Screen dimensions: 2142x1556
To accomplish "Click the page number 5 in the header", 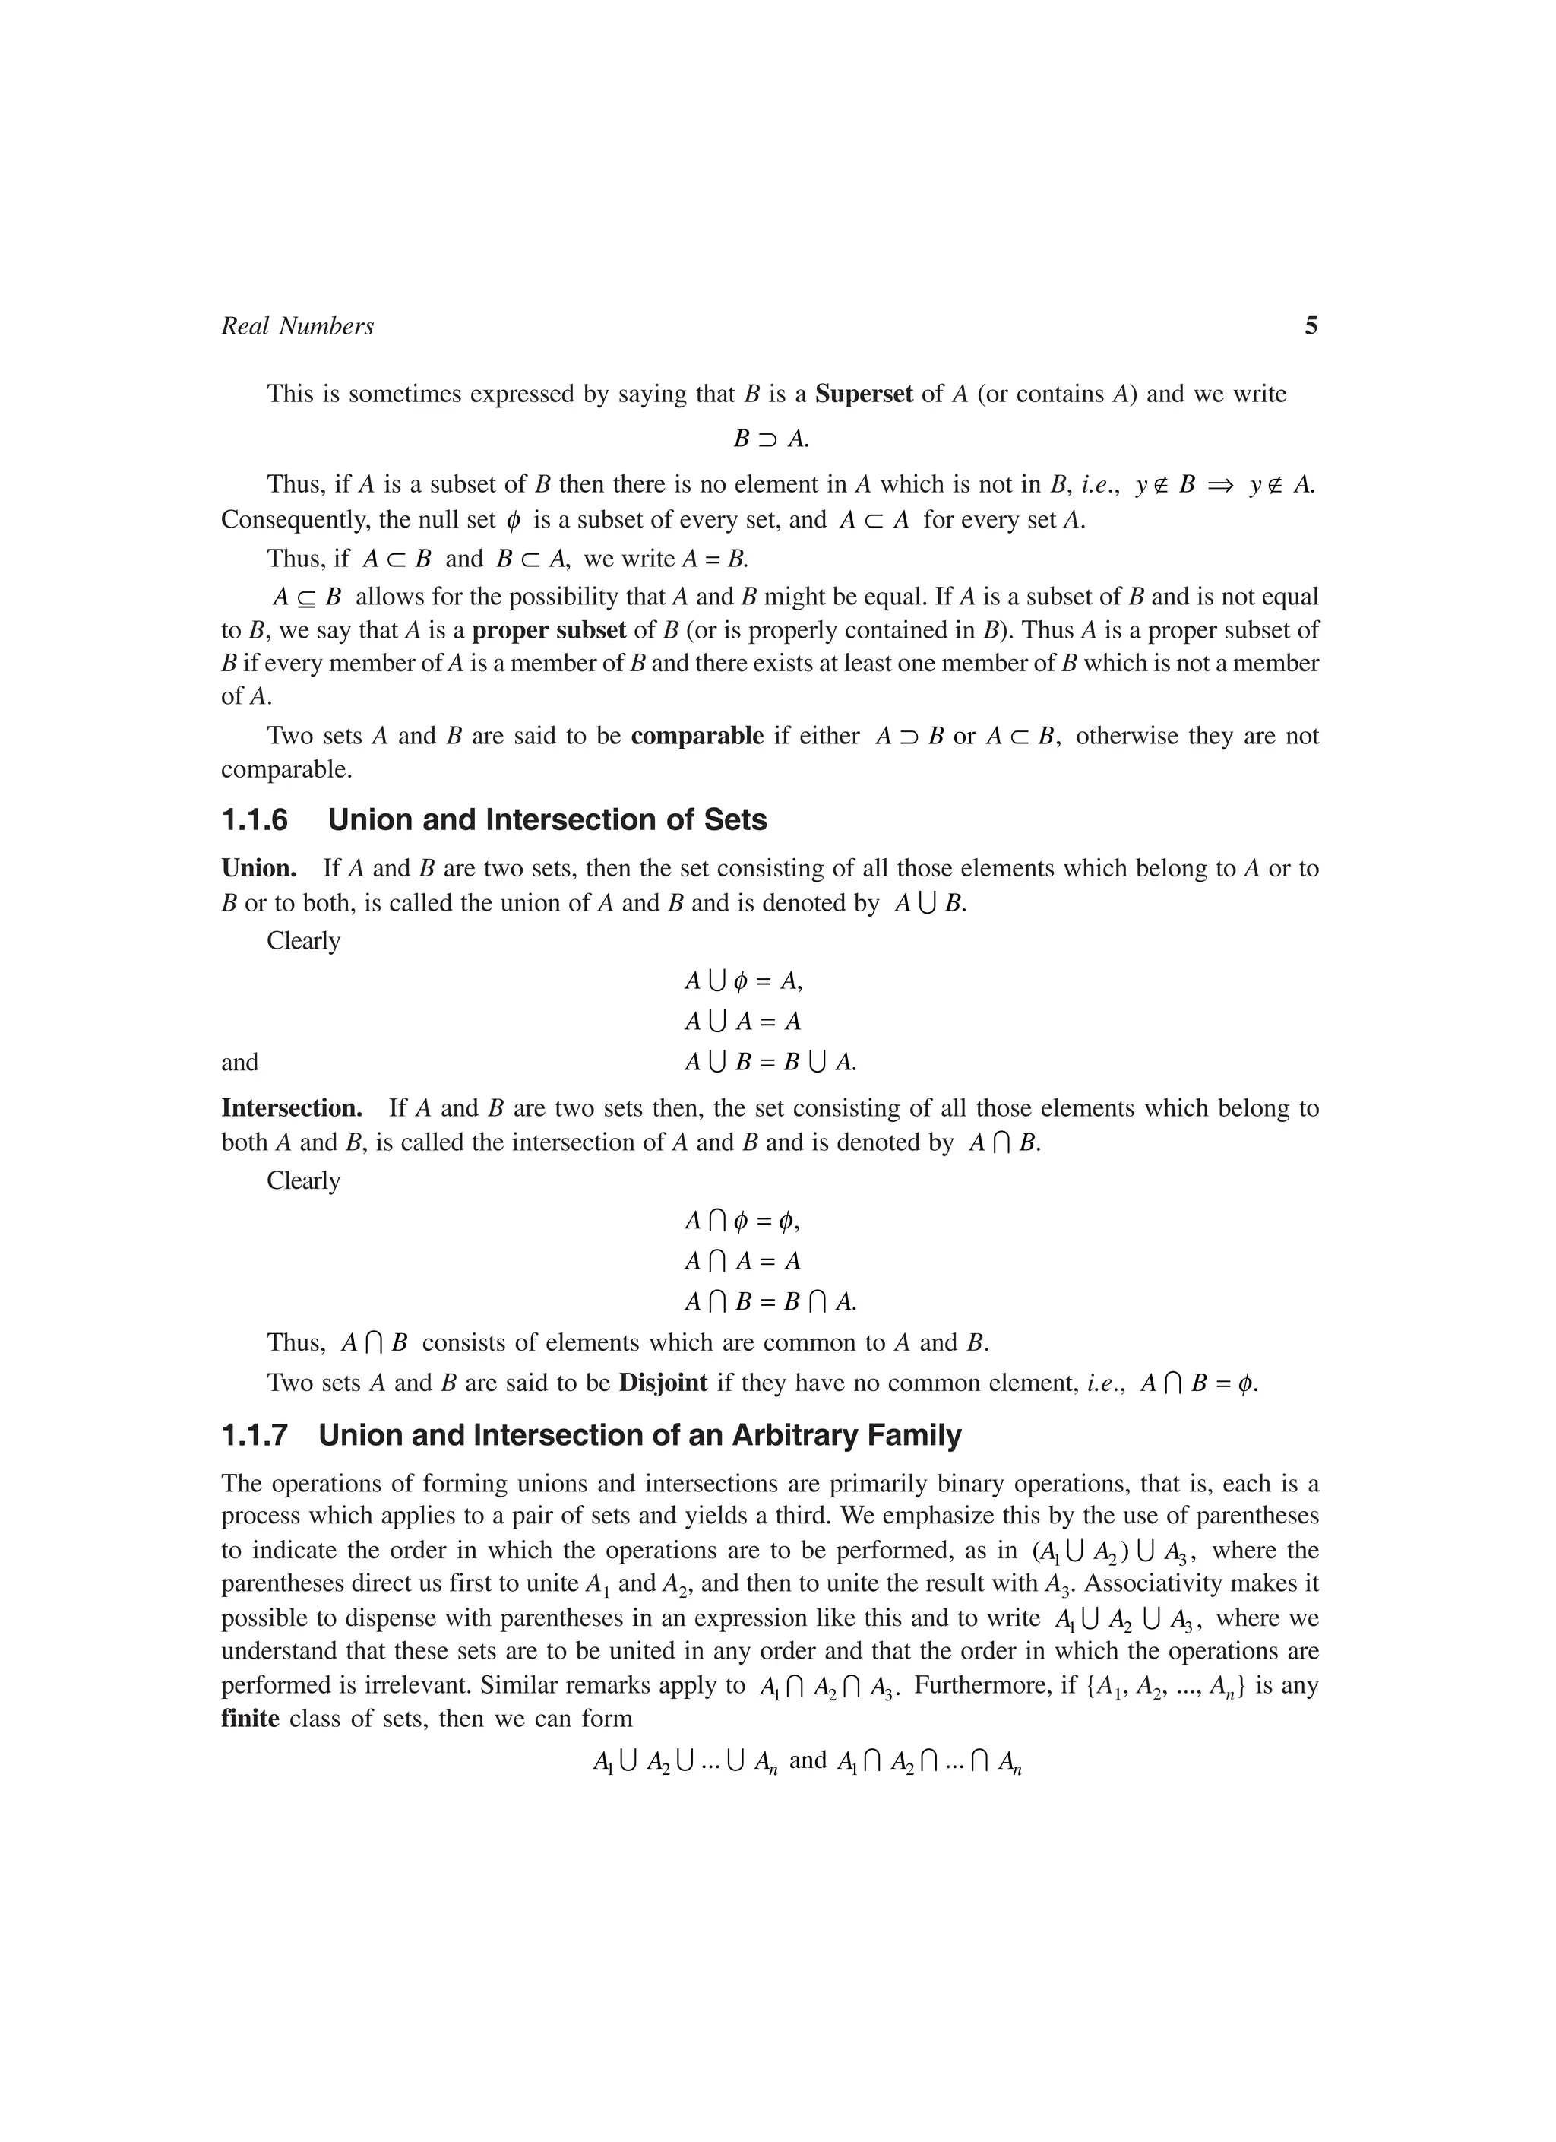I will [x=1311, y=327].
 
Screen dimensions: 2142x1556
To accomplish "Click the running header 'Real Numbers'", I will [x=297, y=327].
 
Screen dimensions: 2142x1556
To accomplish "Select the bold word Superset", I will [x=863, y=394].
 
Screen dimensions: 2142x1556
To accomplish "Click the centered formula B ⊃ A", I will [x=770, y=439].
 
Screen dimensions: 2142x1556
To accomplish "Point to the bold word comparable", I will [x=697, y=736].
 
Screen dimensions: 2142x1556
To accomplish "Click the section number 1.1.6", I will [x=254, y=819].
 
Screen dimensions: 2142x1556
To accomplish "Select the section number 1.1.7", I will [x=254, y=1436].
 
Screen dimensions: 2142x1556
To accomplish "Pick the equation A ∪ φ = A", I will [x=743, y=981].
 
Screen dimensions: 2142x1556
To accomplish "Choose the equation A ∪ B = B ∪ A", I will [x=770, y=1063].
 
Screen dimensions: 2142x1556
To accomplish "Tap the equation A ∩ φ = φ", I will [x=742, y=1222].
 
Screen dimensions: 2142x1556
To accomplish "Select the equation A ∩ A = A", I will [x=742, y=1261].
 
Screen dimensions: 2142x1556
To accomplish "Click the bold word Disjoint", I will [x=663, y=1383].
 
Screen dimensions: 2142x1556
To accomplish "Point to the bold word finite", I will [x=250, y=1718].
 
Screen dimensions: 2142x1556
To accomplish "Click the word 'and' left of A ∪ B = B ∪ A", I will [x=240, y=1063].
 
